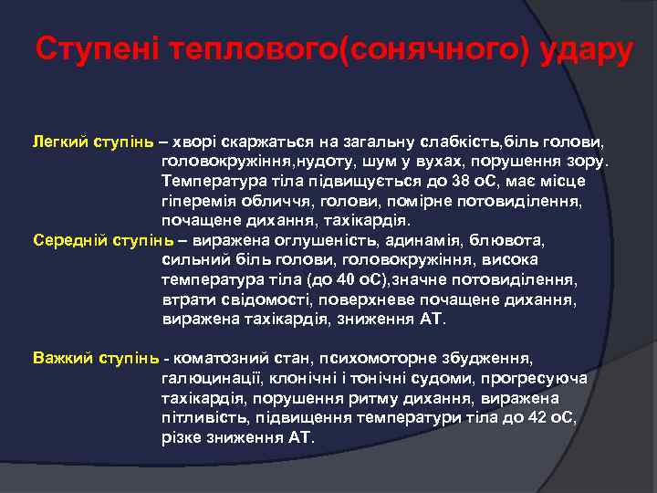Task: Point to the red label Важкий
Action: tap(62, 358)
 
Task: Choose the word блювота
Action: tap(511, 241)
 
